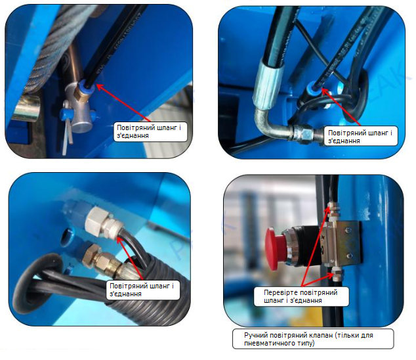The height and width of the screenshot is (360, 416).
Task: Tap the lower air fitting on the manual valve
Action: pos(337,275)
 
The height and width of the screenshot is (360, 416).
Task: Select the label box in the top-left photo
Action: pos(150,132)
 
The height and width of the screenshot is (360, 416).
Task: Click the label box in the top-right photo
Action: pos(361,136)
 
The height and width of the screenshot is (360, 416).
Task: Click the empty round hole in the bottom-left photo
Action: pos(68,236)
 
